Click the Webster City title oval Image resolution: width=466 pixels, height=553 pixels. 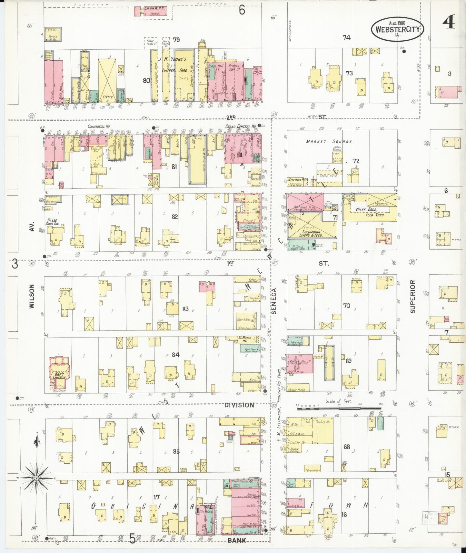point(397,29)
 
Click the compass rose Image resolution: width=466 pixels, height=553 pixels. point(36,478)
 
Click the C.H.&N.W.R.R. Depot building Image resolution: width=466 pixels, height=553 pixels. point(151,12)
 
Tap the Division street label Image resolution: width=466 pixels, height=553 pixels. point(239,405)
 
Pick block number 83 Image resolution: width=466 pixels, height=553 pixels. point(185,309)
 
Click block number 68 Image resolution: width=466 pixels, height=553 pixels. point(347,447)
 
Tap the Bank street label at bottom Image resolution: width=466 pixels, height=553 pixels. point(237,540)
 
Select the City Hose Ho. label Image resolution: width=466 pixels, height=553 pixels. point(297,180)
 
